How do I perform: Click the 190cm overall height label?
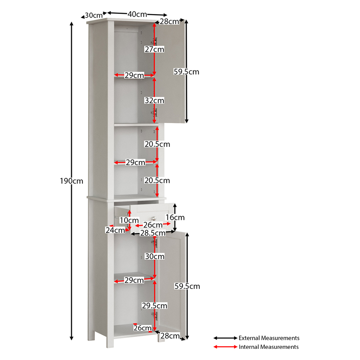click(71, 181)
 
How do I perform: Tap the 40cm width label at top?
click(137, 14)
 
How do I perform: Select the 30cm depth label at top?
click(94, 15)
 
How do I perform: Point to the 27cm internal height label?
click(154, 49)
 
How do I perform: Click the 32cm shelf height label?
click(154, 100)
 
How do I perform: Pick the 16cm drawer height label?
click(175, 217)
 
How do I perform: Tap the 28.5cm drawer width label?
click(153, 233)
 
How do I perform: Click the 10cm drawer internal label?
click(129, 220)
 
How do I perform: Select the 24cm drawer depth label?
click(115, 230)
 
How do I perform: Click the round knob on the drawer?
click(154, 218)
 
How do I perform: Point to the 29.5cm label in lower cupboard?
click(154, 306)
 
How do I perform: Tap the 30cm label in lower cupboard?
click(155, 256)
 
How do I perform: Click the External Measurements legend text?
click(269, 338)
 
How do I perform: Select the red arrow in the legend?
click(225, 347)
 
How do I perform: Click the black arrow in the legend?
click(225, 338)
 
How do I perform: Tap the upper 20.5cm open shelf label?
click(157, 144)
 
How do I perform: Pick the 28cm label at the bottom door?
click(170, 336)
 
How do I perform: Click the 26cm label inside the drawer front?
click(153, 225)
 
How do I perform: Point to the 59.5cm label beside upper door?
click(186, 72)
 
